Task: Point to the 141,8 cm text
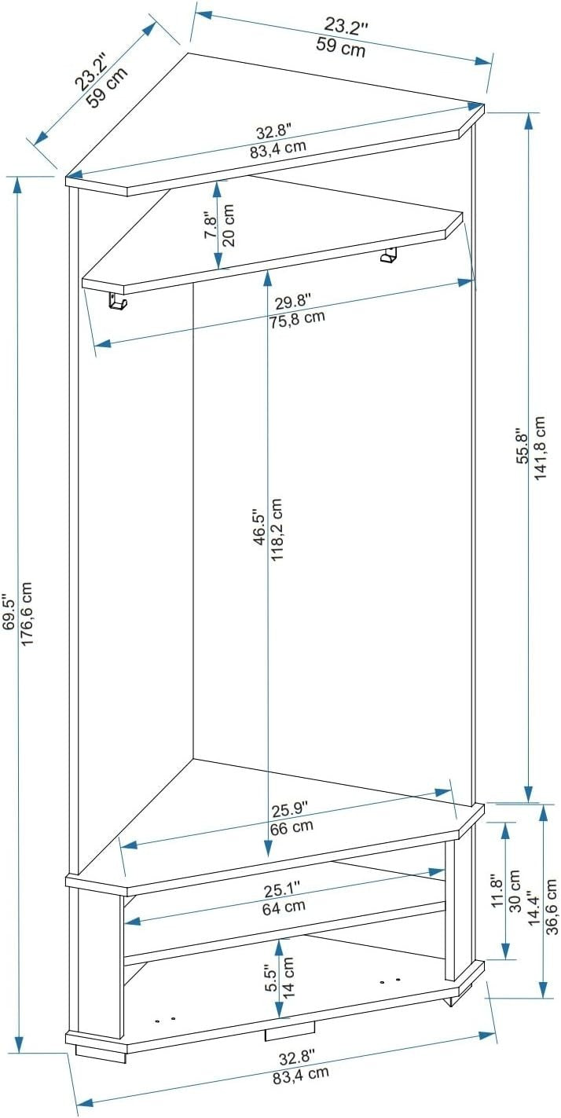pos(540,448)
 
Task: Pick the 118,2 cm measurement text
pos(277,530)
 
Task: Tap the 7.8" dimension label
pos(211,226)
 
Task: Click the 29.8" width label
pos(293,302)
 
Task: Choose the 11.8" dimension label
pos(497,891)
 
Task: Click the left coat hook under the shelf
pos(117,302)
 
